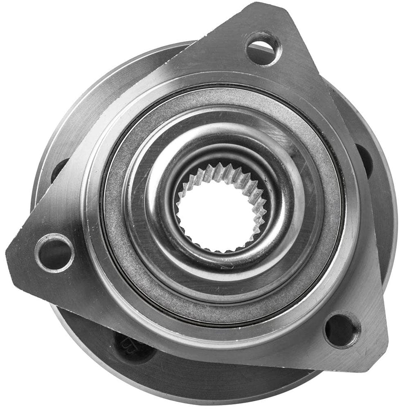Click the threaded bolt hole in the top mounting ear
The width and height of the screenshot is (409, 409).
pyautogui.click(x=263, y=49)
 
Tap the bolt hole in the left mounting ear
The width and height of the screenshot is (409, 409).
pyautogui.click(x=54, y=252)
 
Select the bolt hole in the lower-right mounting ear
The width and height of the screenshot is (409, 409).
pyautogui.click(x=342, y=330)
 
